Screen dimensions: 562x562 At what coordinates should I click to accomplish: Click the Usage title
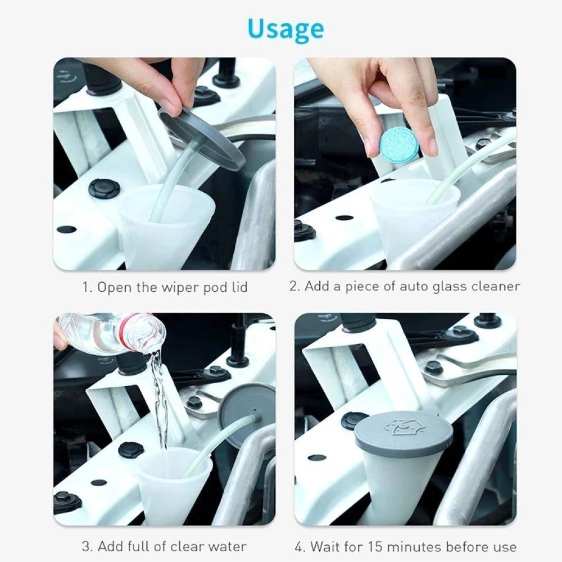[285, 29]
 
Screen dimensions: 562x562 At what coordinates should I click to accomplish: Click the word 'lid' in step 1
[237, 287]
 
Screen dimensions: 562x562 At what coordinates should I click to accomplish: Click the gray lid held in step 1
[202, 138]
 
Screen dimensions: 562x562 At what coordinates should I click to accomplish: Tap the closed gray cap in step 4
[404, 433]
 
